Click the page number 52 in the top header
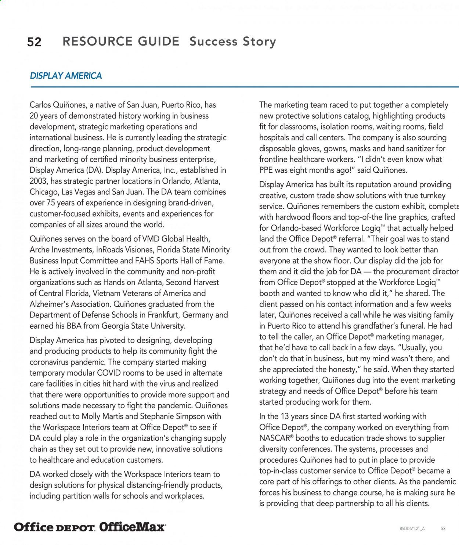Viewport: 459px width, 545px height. [x=34, y=42]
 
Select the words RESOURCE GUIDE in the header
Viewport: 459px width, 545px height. [x=121, y=41]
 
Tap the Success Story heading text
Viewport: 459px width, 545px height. [x=232, y=42]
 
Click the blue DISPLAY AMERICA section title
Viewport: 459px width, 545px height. [x=66, y=76]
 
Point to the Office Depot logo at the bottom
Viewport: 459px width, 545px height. [x=54, y=527]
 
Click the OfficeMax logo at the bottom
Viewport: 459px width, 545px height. [x=132, y=527]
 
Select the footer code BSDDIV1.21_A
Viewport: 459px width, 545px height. [x=412, y=528]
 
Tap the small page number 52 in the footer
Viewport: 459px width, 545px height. [x=443, y=528]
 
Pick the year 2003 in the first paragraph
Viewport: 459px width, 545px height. [x=39, y=181]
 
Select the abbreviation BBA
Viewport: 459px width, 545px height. [x=74, y=326]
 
